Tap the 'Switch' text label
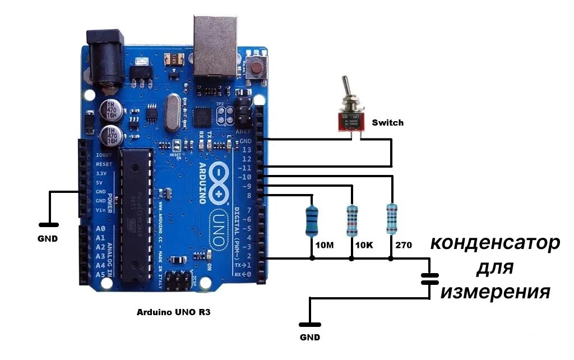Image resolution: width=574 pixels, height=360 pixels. tap(387, 122)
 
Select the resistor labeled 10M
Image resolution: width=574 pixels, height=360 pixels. tap(312, 220)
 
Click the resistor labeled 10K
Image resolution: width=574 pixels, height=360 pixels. tap(351, 220)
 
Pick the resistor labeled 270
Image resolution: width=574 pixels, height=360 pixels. tap(392, 218)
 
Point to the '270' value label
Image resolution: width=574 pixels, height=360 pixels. tap(404, 246)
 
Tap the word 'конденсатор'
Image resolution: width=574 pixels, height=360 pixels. tap(495, 243)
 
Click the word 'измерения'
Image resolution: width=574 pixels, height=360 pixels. tap(494, 292)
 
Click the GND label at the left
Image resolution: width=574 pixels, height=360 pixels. tap(48, 238)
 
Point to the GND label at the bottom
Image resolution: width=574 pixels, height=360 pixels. tap(309, 338)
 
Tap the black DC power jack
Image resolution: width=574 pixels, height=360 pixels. tap(104, 62)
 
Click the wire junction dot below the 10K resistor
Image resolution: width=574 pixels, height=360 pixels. tap(351, 259)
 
